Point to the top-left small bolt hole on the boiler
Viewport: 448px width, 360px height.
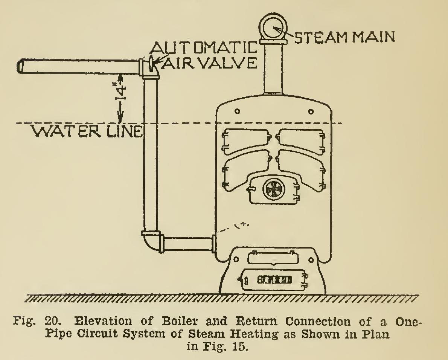(237, 111)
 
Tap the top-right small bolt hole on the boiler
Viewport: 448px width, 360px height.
(311, 111)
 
